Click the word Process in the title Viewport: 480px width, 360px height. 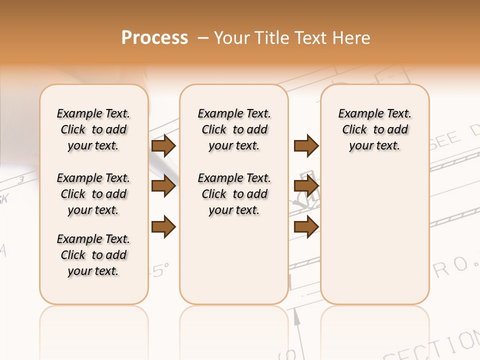tap(154, 37)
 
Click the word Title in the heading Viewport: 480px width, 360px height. tap(270, 37)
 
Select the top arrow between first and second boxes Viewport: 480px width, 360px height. tap(163, 145)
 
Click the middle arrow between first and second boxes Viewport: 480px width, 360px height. tap(163, 186)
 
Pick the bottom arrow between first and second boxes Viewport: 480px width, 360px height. tap(163, 226)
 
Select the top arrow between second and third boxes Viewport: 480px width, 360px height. tap(306, 145)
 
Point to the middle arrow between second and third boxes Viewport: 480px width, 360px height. tap(306, 186)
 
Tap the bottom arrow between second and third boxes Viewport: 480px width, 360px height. tap(306, 226)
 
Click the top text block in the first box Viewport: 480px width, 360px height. tap(93, 129)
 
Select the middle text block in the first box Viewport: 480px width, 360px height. tap(93, 194)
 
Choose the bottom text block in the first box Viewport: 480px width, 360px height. tap(93, 255)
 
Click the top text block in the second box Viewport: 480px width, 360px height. tap(234, 129)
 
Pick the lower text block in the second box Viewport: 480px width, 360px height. tap(234, 194)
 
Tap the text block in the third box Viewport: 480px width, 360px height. tap(375, 129)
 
